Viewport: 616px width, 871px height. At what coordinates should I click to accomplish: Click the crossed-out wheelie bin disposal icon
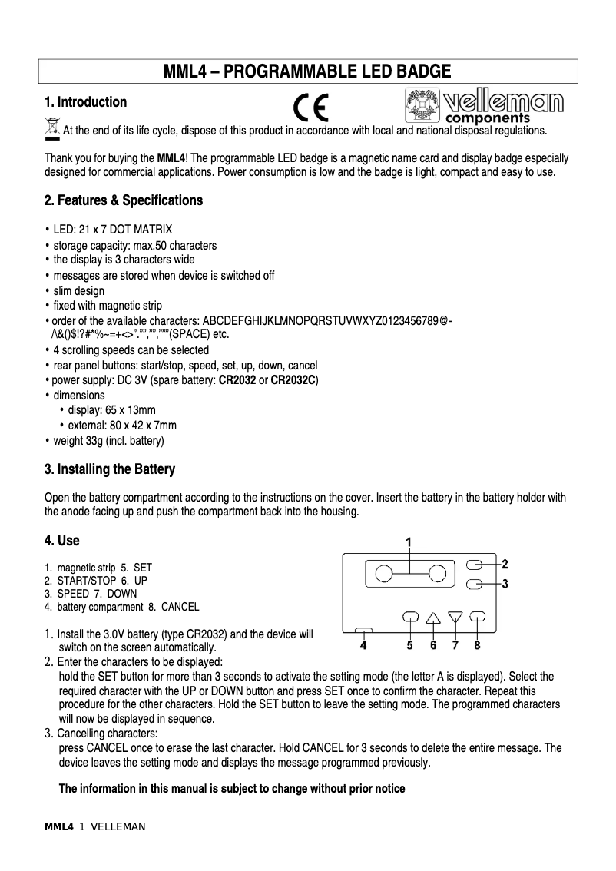point(51,128)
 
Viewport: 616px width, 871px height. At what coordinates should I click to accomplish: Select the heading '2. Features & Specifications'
point(124,200)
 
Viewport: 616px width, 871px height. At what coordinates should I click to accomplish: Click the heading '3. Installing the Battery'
point(110,469)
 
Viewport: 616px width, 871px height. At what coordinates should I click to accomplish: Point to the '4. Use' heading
point(62,541)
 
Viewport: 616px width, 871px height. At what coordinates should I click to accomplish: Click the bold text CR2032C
point(294,381)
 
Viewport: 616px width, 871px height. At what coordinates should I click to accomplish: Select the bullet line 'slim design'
point(78,291)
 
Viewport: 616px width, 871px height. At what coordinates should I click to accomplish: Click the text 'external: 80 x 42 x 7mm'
point(122,426)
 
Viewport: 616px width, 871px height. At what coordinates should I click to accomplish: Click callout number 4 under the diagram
point(363,646)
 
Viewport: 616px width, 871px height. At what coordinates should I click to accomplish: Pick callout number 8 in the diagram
point(478,645)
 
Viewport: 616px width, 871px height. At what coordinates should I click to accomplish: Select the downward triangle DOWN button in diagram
point(455,617)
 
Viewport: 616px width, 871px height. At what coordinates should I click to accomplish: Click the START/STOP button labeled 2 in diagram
point(476,564)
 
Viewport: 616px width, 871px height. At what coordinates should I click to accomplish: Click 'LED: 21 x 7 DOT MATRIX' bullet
point(112,230)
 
